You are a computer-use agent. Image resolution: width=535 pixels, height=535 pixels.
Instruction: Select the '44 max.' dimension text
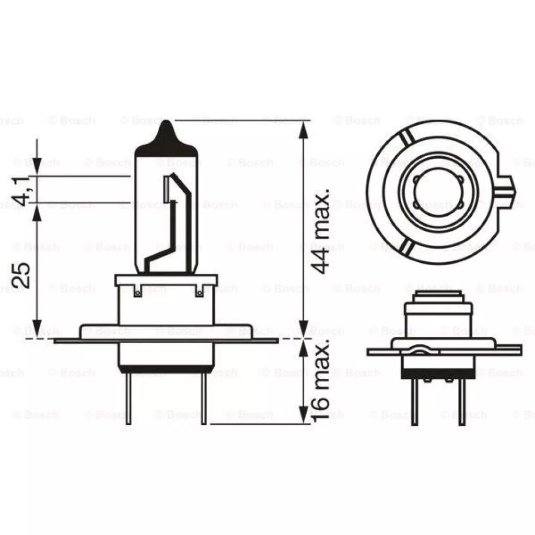pos(321,230)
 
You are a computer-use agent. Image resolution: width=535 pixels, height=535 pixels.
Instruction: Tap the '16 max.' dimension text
pos(321,379)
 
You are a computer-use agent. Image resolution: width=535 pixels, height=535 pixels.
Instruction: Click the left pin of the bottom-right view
pos(414,402)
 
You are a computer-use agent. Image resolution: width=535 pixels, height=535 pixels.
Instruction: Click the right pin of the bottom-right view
pos(461,402)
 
